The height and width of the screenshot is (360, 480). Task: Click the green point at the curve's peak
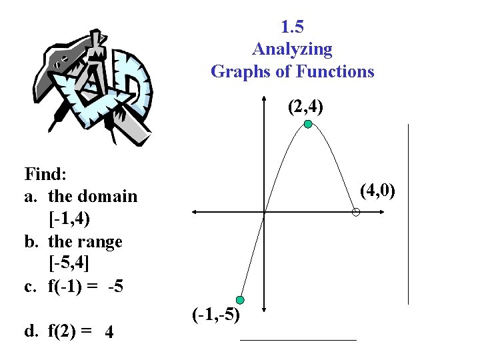pos(307,124)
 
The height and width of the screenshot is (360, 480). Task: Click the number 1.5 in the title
pos(293,27)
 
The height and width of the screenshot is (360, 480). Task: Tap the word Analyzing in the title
pos(292,49)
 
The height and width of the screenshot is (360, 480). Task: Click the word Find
pos(44,175)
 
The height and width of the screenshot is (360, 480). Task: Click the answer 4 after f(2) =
pos(109,331)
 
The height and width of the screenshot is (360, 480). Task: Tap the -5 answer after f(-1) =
pos(116,287)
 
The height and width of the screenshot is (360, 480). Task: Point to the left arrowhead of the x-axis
pos(193,212)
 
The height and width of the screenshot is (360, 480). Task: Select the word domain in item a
pos(107,197)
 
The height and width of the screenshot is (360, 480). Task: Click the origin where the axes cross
pos(265,212)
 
